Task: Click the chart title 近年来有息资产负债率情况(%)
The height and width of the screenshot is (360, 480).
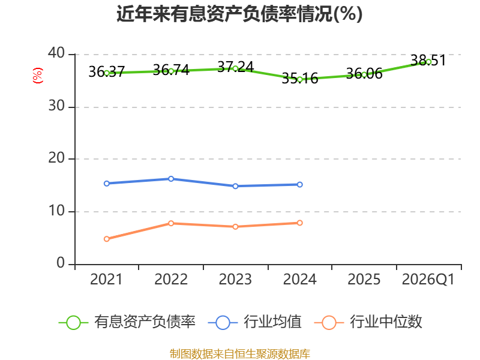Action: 239,14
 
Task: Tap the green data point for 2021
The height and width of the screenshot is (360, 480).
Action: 107,73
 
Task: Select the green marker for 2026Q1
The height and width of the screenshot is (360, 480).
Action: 428,62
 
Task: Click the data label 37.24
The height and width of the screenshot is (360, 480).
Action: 235,67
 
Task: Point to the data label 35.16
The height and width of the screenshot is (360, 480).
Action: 299,78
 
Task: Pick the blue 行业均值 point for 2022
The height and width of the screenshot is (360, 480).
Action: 171,179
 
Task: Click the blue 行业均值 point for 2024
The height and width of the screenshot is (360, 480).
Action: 299,185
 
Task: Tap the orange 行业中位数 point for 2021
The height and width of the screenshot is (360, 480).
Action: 107,239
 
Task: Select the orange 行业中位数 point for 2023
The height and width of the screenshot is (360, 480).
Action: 235,227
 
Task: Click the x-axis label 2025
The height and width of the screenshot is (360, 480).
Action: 364,279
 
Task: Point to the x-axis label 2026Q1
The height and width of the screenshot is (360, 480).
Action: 428,279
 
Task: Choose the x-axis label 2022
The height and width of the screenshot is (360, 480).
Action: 171,279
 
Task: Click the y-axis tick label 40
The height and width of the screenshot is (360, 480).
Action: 56,53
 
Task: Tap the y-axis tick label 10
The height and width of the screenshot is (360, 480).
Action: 56,211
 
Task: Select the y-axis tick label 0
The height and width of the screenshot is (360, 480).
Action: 61,263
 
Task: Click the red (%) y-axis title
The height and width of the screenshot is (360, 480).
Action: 38,76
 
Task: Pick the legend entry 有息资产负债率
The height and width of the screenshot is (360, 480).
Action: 127,322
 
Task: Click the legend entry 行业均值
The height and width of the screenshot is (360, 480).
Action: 254,322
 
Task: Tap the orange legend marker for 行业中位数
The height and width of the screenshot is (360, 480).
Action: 329,323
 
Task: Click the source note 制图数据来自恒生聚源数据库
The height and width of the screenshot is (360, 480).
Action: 240,354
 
